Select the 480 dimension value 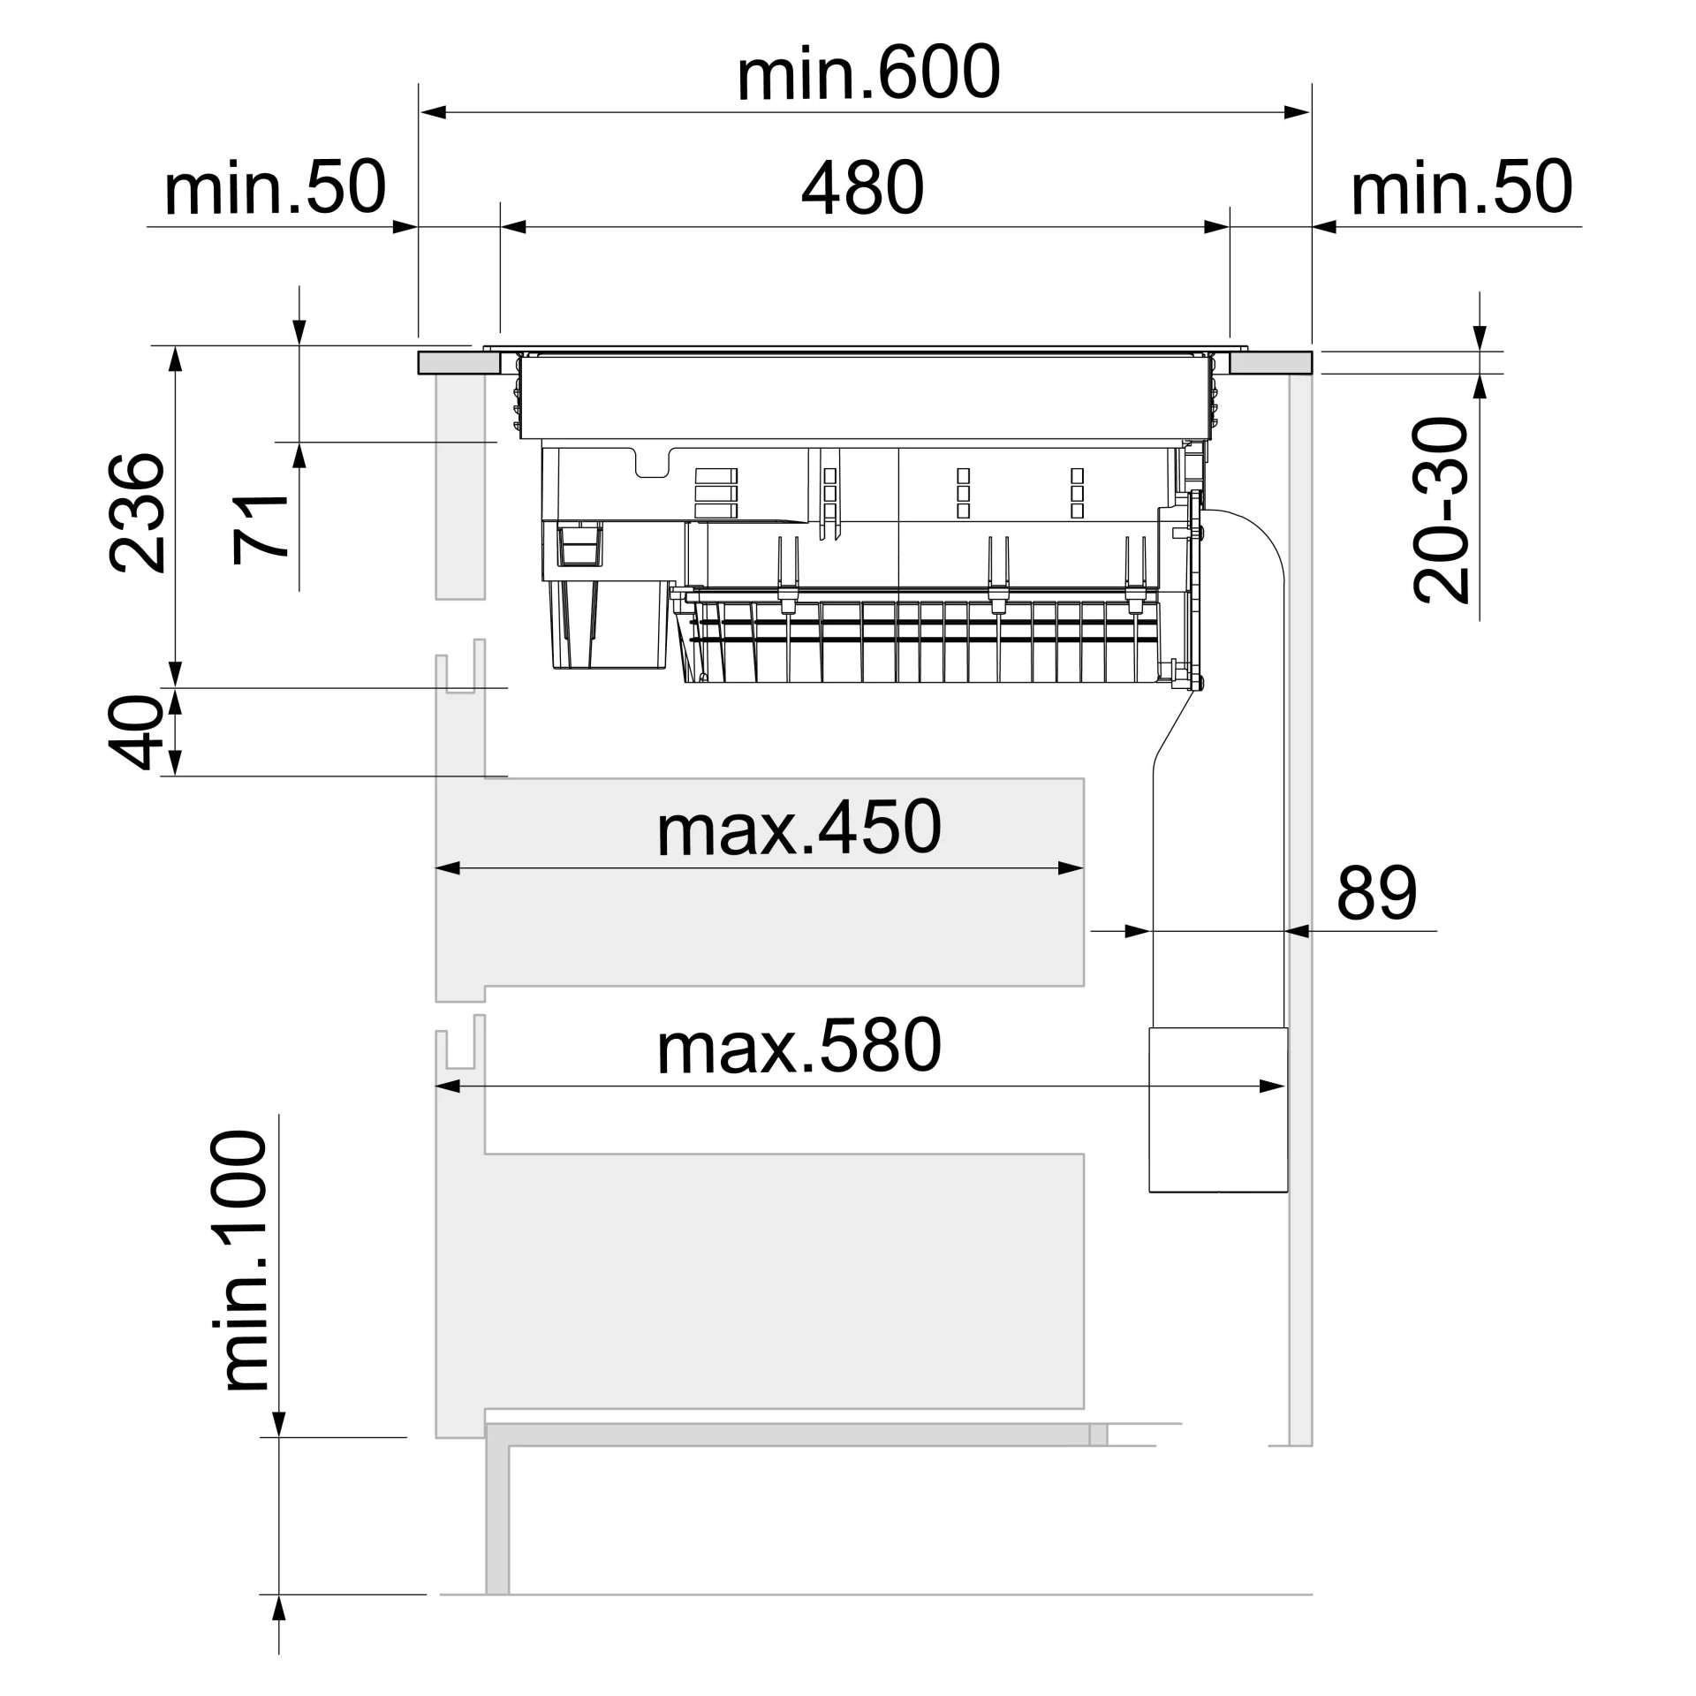pyautogui.click(x=862, y=187)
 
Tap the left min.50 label pyautogui.click(x=275, y=187)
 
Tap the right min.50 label pyautogui.click(x=1462, y=187)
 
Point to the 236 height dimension pyautogui.click(x=137, y=513)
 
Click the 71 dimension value pyautogui.click(x=261, y=529)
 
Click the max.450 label pyautogui.click(x=799, y=829)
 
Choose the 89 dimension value pyautogui.click(x=1377, y=893)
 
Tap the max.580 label pyautogui.click(x=799, y=1046)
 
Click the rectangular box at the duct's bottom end pyautogui.click(x=1218, y=1109)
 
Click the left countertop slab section pyautogui.click(x=461, y=363)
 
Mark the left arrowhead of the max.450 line pyautogui.click(x=449, y=868)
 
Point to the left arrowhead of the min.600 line pyautogui.click(x=432, y=112)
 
